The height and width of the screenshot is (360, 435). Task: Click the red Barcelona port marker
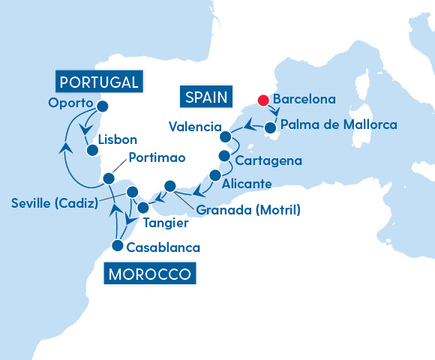[263, 100]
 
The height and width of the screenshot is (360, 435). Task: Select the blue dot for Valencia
[225, 136]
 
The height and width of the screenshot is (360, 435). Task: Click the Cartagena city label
[268, 160]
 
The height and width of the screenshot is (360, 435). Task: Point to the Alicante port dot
[215, 175]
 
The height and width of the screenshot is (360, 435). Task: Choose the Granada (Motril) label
[250, 210]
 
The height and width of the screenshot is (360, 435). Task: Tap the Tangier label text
[164, 223]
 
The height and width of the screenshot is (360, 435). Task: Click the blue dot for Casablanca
[118, 244]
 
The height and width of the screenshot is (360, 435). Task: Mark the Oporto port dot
[103, 106]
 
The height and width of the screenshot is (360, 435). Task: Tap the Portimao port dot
[109, 178]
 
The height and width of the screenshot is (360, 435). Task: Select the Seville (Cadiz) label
[52, 203]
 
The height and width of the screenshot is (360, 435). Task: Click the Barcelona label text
[304, 99]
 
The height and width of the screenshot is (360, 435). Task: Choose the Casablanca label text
[163, 247]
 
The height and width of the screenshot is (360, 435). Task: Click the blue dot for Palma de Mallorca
[270, 127]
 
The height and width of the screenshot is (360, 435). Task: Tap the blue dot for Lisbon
[92, 150]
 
